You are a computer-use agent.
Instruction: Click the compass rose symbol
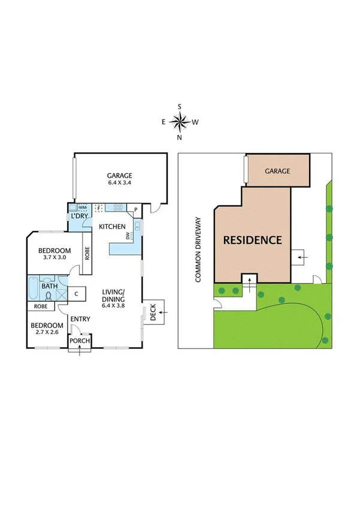[180, 122]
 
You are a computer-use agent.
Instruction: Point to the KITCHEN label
[112, 227]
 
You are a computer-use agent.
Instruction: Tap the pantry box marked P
[136, 210]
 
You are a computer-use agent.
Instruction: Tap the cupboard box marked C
[77, 294]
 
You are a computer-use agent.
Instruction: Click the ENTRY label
[80, 319]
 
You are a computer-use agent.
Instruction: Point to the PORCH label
[80, 341]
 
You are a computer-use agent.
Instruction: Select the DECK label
[153, 312]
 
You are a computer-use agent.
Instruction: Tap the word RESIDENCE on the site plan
[252, 240]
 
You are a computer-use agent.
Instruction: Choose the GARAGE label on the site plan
[277, 171]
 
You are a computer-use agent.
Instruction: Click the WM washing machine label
[83, 207]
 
